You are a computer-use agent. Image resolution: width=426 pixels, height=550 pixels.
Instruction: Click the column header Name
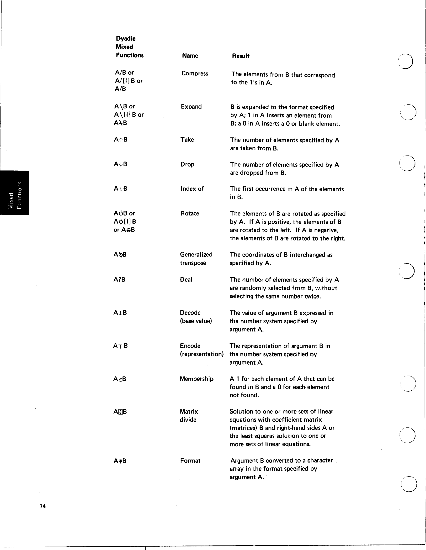pos(190,56)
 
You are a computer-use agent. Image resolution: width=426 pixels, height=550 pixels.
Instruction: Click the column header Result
pos(240,56)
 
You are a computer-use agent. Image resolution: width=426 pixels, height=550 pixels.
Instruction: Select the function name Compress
pos(195,73)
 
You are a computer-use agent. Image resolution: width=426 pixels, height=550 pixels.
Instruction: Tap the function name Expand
pos(191,106)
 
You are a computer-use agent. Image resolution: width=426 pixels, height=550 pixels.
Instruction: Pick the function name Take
pos(187,140)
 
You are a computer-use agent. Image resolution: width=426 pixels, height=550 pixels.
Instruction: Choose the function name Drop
pos(187,164)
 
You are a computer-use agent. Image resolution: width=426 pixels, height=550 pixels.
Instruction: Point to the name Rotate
pos(190,213)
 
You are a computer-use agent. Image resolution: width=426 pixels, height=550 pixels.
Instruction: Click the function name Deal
pos(186,279)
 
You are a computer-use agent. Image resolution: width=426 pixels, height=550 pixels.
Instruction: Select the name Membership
pos(196,379)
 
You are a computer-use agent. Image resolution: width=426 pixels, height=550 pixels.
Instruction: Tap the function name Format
pos(190,461)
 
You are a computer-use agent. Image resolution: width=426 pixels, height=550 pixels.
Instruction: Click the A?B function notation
pos(119,279)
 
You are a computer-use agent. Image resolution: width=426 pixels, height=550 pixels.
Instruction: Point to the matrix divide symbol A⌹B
pos(120,412)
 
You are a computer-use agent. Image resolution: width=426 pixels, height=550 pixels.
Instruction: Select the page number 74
pos(43,506)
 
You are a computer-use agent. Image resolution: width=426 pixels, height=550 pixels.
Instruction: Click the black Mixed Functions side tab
pos(15,193)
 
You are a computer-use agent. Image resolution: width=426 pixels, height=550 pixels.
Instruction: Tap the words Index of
pos(192,189)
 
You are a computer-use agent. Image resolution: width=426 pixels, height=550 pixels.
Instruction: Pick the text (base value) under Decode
pos(196,321)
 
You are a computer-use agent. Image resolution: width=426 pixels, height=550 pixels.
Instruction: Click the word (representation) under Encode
pos(202,354)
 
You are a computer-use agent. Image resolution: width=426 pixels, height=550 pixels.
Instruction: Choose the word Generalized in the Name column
pos(196,255)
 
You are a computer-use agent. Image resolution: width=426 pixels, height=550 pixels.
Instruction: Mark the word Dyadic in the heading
pos(126,38)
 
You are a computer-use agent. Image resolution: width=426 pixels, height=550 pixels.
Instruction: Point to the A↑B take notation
pos(121,140)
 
